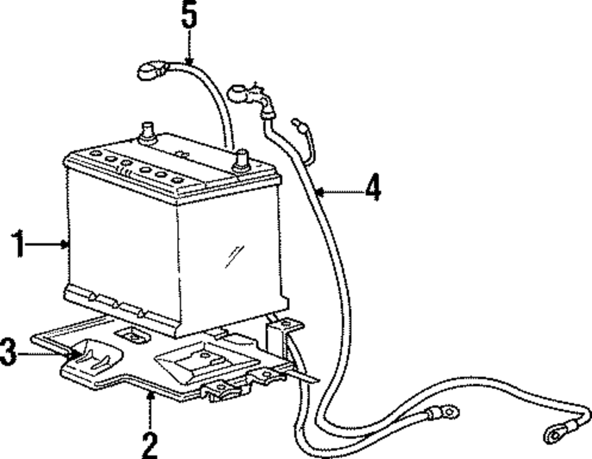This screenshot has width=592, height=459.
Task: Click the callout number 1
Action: pyautogui.click(x=20, y=244)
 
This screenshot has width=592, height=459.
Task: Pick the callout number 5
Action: pyautogui.click(x=188, y=17)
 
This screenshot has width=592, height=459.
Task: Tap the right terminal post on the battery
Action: pyautogui.click(x=241, y=160)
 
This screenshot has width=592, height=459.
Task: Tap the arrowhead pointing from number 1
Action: pyautogui.click(x=66, y=243)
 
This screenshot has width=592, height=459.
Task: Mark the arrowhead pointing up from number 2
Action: pyautogui.click(x=150, y=395)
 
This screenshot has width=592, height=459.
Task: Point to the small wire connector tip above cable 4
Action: pyautogui.click(x=296, y=123)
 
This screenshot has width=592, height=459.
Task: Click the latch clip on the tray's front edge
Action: pyautogui.click(x=220, y=391)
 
